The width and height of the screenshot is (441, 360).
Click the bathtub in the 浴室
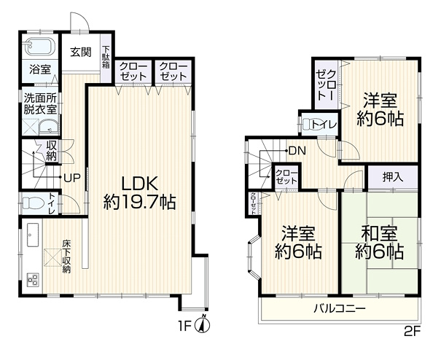pos(39,47)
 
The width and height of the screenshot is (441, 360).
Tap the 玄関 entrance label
pos(81,52)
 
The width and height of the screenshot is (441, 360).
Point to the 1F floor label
pos(184,326)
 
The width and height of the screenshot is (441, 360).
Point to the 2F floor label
pos(412,333)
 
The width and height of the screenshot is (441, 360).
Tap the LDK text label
pos(139,184)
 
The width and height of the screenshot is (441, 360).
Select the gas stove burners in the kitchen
pos(32,279)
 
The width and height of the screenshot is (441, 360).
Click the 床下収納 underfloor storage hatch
pos(52,257)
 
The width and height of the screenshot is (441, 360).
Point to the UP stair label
pos(72,178)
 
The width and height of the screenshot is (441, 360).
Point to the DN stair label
pos(297,152)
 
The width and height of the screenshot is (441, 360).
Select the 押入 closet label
pos(393,177)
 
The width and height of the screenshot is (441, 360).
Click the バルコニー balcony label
pos(340,309)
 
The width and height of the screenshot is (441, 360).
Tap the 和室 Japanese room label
pos(379,233)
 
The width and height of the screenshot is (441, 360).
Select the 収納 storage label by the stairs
pos(52,150)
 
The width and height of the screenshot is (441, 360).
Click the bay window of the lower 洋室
pos(253,256)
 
